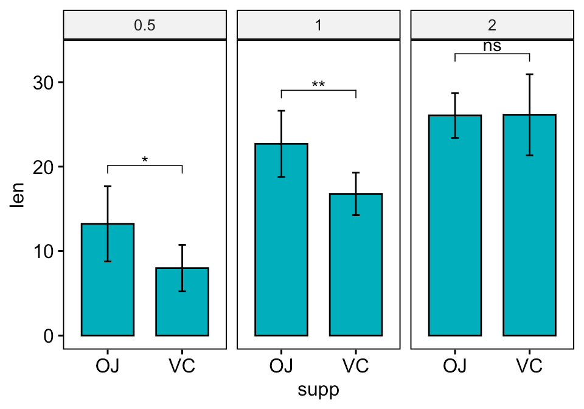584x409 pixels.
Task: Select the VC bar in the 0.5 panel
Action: tap(182, 304)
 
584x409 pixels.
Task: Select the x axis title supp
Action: tap(318, 390)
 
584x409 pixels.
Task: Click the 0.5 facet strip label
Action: tap(145, 26)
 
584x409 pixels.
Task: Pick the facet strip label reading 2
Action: tap(492, 26)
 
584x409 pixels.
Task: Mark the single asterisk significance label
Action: tap(145, 160)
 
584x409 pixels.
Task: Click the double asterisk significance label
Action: tap(318, 85)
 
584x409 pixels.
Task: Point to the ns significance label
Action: tap(492, 46)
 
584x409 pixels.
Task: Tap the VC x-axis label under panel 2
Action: tap(529, 366)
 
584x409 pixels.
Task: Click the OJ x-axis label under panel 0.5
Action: tap(108, 366)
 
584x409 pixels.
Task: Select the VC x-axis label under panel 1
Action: tap(356, 366)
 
